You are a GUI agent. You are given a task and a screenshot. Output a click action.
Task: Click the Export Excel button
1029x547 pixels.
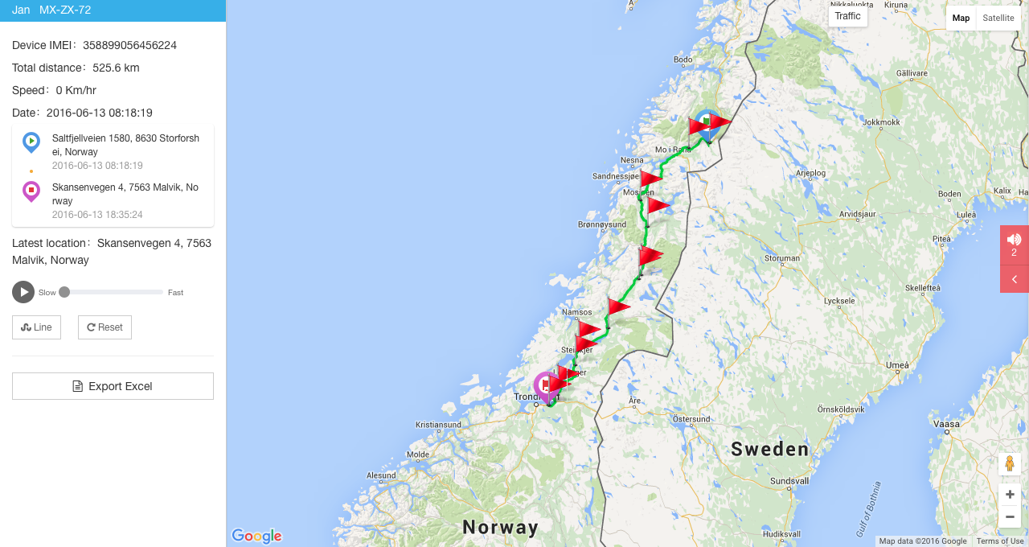pos(113,386)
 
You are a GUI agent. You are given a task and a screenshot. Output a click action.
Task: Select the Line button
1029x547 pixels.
pos(36,327)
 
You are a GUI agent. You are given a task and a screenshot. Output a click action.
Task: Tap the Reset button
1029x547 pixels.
pos(105,327)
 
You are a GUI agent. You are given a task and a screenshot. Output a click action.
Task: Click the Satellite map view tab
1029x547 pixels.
pos(998,18)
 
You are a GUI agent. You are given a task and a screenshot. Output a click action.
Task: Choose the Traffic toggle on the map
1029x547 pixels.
pos(847,16)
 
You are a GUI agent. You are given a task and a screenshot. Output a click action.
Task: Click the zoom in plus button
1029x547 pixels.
pos(1010,495)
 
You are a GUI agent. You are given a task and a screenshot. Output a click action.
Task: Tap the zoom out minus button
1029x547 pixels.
pos(1010,516)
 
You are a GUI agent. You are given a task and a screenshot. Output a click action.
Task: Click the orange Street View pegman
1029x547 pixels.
pos(1010,464)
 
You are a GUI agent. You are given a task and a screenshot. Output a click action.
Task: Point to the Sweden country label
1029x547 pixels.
pos(769,449)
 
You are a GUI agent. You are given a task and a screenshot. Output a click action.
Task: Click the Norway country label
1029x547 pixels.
pos(500,528)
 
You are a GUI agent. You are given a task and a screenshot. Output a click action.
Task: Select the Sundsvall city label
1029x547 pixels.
pos(789,481)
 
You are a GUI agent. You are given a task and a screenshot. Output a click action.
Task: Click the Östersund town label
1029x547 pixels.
pos(691,419)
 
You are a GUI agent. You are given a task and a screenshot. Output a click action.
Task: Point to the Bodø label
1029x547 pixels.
pos(683,60)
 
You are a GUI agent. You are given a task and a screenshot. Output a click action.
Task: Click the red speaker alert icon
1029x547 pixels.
pos(1014,239)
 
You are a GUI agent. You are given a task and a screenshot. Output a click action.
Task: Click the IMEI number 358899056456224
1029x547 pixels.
pos(129,45)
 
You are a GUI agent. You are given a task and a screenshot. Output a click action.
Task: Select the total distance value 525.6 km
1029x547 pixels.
pos(116,68)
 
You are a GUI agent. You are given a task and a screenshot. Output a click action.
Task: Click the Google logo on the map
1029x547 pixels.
pos(256,536)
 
